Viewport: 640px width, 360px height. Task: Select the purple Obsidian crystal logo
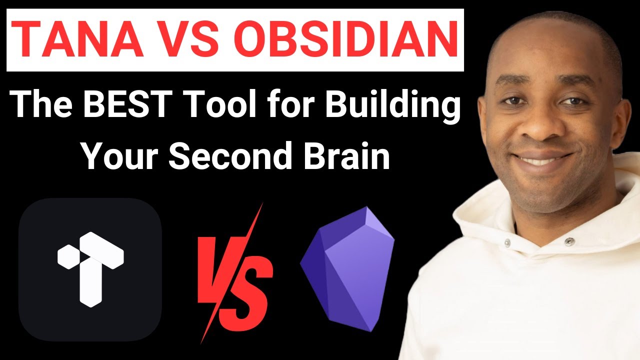click(x=348, y=267)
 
